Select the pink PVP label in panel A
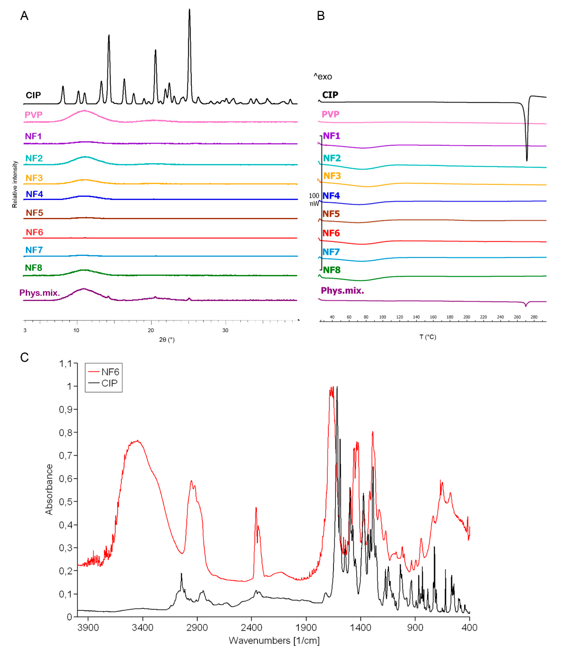pyautogui.click(x=33, y=115)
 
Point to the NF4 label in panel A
pyautogui.click(x=34, y=194)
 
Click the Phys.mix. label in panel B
pyautogui.click(x=342, y=291)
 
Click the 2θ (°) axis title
pyautogui.click(x=167, y=340)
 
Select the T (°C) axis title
pyautogui.click(x=428, y=337)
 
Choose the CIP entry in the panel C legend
pyautogui.click(x=109, y=383)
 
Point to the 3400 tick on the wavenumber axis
pyautogui.click(x=143, y=628)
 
